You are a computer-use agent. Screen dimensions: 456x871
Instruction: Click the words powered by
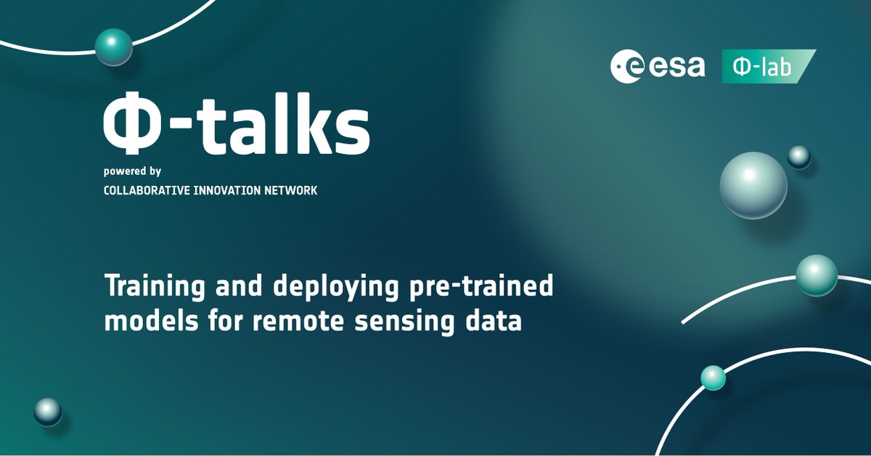(x=132, y=173)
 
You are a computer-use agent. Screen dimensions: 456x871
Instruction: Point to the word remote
(x=287, y=321)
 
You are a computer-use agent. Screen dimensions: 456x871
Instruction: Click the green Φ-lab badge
(x=768, y=67)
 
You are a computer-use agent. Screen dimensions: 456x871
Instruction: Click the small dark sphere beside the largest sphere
(x=798, y=157)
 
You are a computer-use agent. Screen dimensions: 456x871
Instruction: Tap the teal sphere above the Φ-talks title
(x=114, y=48)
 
